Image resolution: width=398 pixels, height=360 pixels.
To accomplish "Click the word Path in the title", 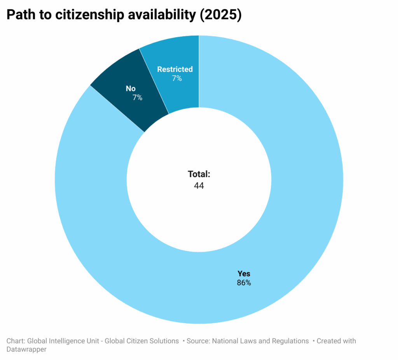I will pyautogui.click(x=21, y=15).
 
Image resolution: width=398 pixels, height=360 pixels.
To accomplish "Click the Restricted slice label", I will pyautogui.click(x=175, y=69).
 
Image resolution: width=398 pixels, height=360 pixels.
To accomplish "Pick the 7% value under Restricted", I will pyautogui.click(x=177, y=78).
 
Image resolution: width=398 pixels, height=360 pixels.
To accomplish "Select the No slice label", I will pyautogui.click(x=131, y=89).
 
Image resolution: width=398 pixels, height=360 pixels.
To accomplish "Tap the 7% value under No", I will pyautogui.click(x=137, y=97).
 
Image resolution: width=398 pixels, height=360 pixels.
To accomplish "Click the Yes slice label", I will pyautogui.click(x=244, y=273).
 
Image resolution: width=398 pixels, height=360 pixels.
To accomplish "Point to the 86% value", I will pyautogui.click(x=244, y=283).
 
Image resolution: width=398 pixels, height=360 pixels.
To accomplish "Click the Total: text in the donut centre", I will pyautogui.click(x=199, y=174).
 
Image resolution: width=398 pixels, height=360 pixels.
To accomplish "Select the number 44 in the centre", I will pyautogui.click(x=199, y=186).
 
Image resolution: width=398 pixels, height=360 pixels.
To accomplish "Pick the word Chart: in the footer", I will pyautogui.click(x=16, y=341).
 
